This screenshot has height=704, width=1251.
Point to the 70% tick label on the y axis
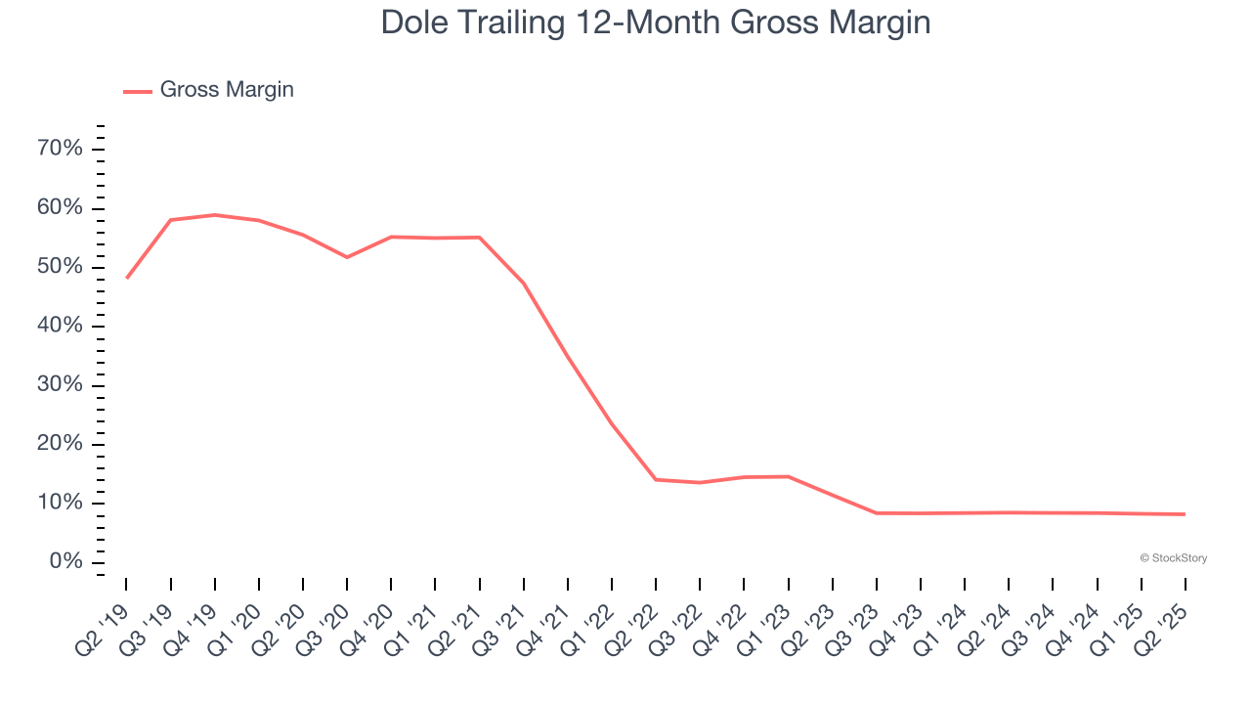tap(60, 149)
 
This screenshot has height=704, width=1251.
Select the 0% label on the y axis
tap(66, 562)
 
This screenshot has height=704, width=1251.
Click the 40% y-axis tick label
tap(60, 326)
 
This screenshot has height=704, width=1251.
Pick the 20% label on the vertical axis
tap(60, 444)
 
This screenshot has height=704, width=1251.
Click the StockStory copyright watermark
tap(1173, 558)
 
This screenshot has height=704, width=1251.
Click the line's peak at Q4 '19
tap(214, 215)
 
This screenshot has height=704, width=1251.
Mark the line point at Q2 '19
tap(127, 278)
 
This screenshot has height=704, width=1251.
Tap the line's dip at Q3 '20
tap(347, 257)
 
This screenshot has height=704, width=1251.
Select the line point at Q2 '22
tap(656, 479)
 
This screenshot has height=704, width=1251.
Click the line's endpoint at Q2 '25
tap(1185, 514)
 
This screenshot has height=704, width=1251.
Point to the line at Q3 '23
tap(877, 513)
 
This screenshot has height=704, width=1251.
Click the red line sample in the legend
tap(137, 91)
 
